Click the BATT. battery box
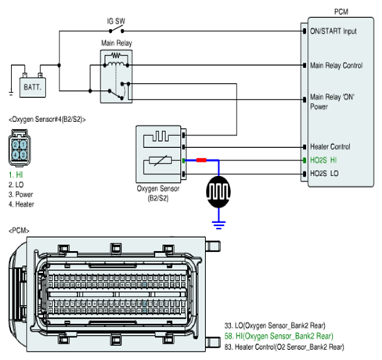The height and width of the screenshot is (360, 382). tap(33, 88)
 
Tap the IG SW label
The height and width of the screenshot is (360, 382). tap(116, 21)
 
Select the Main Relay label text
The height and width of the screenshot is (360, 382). tap(117, 43)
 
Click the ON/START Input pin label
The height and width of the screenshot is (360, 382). tap(333, 31)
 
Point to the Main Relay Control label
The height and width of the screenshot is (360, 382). tap(336, 65)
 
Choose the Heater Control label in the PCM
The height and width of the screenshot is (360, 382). tap(330, 146)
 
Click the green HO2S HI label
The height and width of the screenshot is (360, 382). tap(323, 160)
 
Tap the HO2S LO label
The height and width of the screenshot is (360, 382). tap(324, 174)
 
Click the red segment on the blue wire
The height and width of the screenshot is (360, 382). tap(201, 160)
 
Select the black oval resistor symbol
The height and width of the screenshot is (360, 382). tap(218, 192)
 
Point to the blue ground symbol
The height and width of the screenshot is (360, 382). tap(218, 225)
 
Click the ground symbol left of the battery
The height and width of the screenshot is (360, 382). tap(11, 92)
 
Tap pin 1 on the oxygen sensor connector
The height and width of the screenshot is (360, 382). tap(23, 145)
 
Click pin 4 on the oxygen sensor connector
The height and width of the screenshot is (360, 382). tap(16, 155)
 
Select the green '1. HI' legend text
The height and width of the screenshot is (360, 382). tap(16, 175)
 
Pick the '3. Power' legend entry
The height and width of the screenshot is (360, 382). tap(20, 194)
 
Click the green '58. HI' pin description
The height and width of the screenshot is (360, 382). tap(279, 336)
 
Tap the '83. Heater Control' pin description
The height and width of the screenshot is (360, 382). tap(284, 347)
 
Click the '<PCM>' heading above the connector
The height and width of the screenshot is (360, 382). tap(19, 231)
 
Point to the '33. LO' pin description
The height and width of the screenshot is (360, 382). tap(275, 326)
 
